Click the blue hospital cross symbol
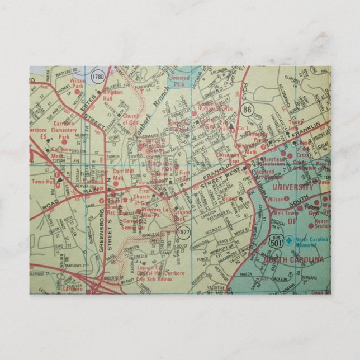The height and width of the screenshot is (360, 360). coord(288,240)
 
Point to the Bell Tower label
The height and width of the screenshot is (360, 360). coord(286,213)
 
